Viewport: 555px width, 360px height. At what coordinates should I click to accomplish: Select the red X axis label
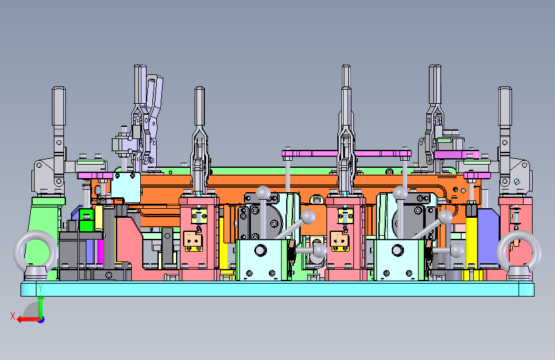[13, 316]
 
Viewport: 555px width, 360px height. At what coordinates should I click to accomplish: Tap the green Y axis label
[40, 288]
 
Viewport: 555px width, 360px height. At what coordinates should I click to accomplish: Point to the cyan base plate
[278, 289]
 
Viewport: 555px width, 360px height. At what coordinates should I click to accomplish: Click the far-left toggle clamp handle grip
[59, 106]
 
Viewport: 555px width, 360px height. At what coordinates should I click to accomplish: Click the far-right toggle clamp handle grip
[504, 106]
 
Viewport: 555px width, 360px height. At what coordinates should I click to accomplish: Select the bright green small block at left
[86, 220]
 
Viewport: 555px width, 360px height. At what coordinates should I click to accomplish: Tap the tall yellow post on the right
[471, 241]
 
